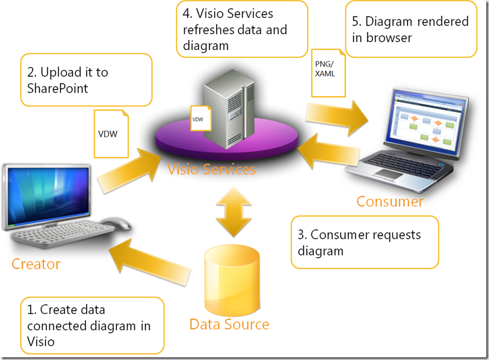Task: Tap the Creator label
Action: (36, 264)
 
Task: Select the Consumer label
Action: (390, 201)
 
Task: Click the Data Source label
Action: (229, 325)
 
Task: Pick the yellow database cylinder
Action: (229, 279)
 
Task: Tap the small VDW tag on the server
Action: (199, 118)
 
